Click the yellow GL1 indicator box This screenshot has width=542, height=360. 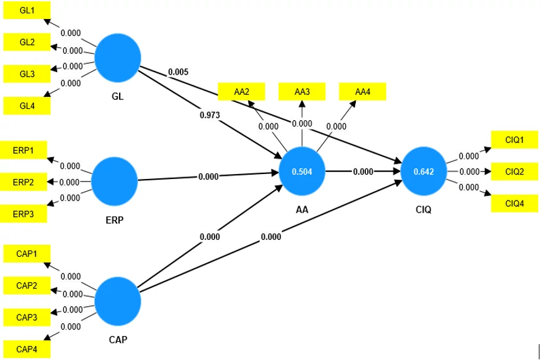pyautogui.click(x=27, y=10)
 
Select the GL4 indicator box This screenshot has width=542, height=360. pyautogui.click(x=27, y=106)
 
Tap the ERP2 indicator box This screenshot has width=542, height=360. pyautogui.click(x=23, y=182)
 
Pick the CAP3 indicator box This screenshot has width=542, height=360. pyautogui.click(x=27, y=317)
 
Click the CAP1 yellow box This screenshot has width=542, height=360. pyautogui.click(x=27, y=254)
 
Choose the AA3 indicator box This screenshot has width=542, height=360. pyautogui.click(x=302, y=92)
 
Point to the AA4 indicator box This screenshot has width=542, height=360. pyautogui.click(x=363, y=92)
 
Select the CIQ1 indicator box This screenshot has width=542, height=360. pyautogui.click(x=515, y=140)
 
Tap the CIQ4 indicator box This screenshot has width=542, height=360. pyautogui.click(x=515, y=204)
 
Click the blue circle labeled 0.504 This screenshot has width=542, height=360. pyautogui.click(x=302, y=171)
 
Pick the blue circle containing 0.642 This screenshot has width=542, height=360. pyautogui.click(x=424, y=171)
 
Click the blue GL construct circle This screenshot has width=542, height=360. pyautogui.click(x=118, y=58)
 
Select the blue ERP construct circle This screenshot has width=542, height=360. pyautogui.click(x=115, y=182)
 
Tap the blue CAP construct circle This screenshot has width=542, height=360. pyautogui.click(x=118, y=301)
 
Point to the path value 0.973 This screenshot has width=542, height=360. pyautogui.click(x=210, y=115)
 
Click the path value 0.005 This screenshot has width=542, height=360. pyautogui.click(x=179, y=72)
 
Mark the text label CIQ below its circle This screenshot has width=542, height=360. pyautogui.click(x=424, y=209)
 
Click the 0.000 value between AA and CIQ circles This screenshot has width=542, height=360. pyautogui.click(x=363, y=171)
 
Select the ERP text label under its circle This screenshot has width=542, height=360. pyautogui.click(x=115, y=220)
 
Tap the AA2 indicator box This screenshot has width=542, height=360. pyautogui.click(x=242, y=92)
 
